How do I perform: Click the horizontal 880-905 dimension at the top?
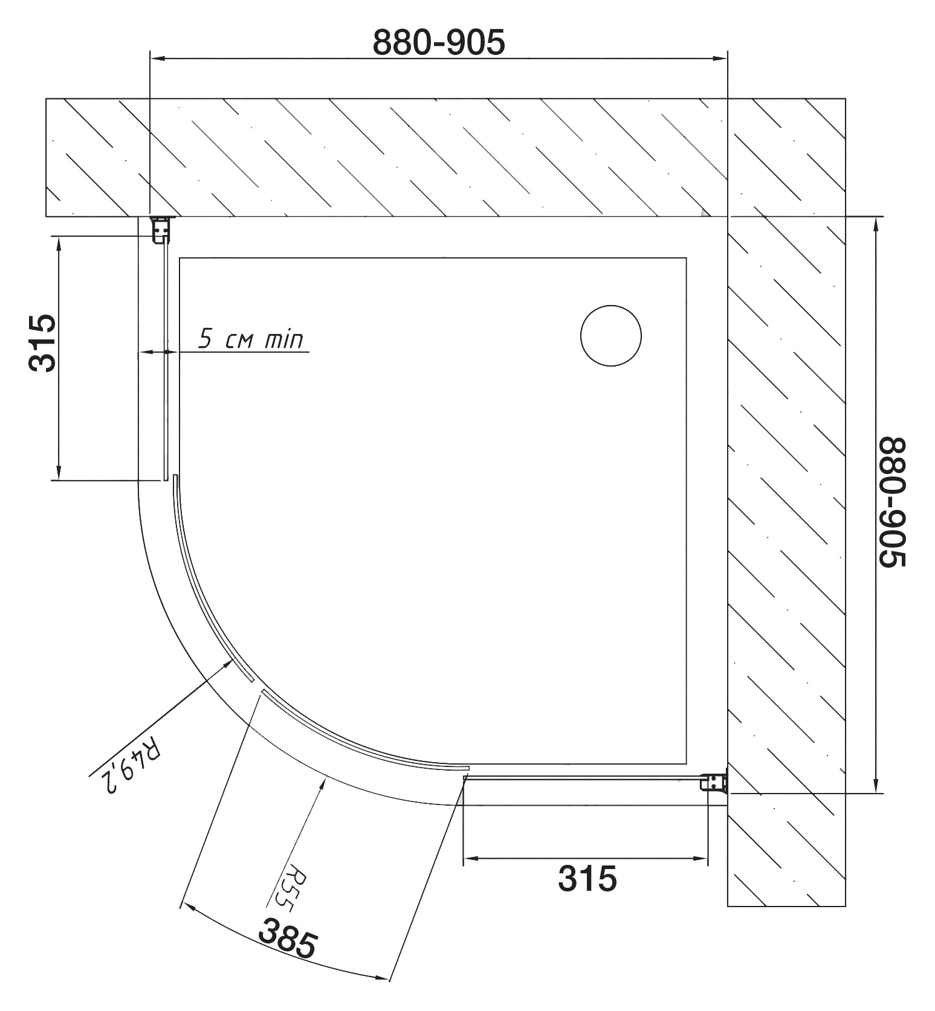[x=438, y=42]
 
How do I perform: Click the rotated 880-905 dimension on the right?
[x=892, y=502]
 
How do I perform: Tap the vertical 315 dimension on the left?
[x=42, y=343]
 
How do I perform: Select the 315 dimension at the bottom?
[x=587, y=878]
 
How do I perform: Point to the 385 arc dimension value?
[x=288, y=937]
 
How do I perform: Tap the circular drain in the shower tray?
[x=610, y=336]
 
